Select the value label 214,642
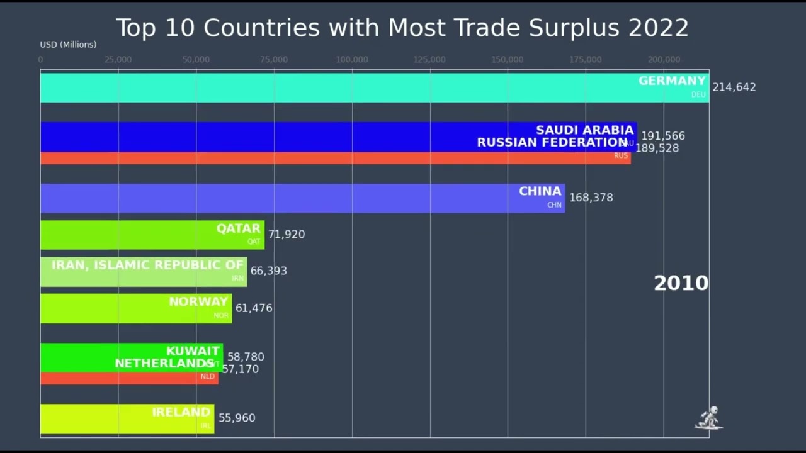[734, 87]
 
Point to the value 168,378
[591, 198]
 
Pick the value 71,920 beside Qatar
[287, 234]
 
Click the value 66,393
[268, 271]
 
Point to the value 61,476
[254, 308]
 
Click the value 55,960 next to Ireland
[237, 418]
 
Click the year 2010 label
[681, 283]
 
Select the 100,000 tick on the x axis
[352, 60]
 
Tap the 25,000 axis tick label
[118, 60]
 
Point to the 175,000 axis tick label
[586, 60]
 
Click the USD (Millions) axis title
[68, 45]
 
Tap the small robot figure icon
[709, 418]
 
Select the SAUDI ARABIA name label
[584, 130]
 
